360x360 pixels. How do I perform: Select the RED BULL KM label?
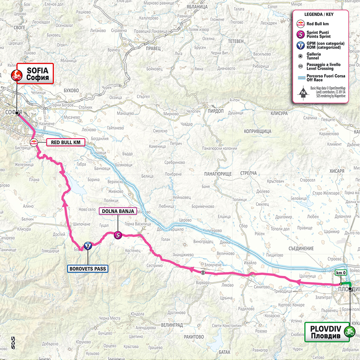click(x=65, y=142)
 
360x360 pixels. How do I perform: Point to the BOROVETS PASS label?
click(x=87, y=268)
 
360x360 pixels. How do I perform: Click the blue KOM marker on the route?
click(x=87, y=246)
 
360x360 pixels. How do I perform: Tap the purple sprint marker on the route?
click(x=118, y=235)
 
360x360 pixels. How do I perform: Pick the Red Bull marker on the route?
click(x=33, y=142)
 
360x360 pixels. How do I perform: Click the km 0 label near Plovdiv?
click(x=341, y=273)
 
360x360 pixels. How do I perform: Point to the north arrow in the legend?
click(x=302, y=92)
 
